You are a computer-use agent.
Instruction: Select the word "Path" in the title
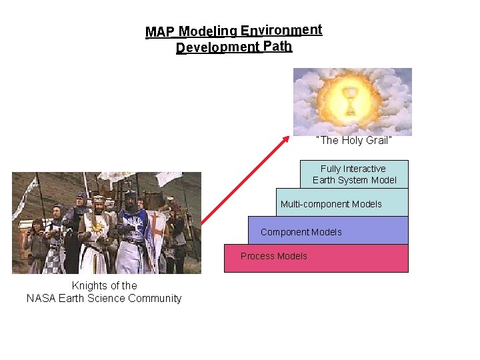(x=277, y=47)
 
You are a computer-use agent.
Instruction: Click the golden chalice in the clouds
(x=348, y=100)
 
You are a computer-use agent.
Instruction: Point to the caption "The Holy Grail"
(x=353, y=141)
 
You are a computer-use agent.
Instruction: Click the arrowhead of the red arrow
(x=287, y=139)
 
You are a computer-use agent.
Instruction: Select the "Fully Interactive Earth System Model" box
(x=354, y=175)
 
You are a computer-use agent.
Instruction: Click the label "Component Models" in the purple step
(x=301, y=232)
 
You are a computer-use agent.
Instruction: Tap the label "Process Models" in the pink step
(x=274, y=256)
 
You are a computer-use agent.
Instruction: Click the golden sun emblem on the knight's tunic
(x=98, y=227)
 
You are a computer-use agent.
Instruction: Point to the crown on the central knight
(x=99, y=198)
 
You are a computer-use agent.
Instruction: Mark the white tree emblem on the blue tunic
(x=131, y=230)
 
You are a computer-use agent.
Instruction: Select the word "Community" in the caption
(x=155, y=299)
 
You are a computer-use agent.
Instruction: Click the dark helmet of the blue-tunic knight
(x=130, y=198)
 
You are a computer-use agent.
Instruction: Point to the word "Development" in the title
(x=217, y=48)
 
